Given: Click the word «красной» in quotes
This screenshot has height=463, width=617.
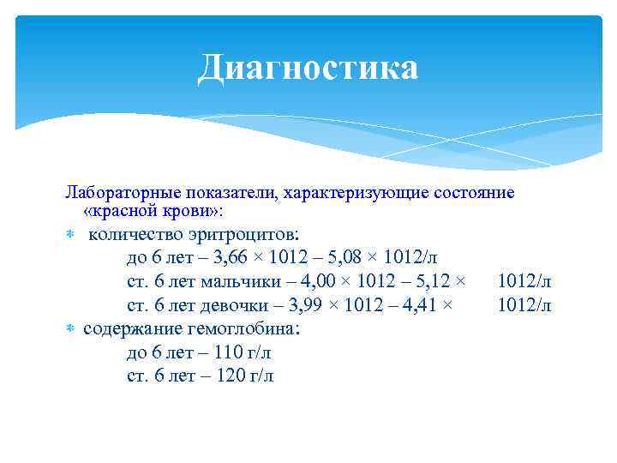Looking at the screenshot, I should [x=120, y=211].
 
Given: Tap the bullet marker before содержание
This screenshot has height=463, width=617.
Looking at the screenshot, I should [x=72, y=328].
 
